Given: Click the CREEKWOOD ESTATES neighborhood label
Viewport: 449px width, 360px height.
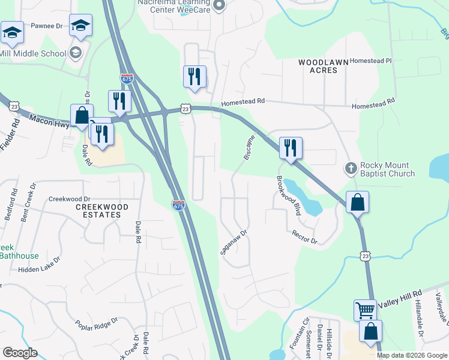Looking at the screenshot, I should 102,211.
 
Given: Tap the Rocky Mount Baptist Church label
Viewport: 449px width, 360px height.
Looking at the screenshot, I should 387,170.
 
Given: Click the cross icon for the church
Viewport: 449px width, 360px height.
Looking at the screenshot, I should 351,169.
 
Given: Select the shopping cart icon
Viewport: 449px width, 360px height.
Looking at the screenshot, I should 365,310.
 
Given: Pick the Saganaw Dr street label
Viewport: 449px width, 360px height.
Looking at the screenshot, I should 234,242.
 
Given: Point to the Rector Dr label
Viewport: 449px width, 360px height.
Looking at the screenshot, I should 304,237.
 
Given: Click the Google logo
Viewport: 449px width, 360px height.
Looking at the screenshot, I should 20,352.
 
